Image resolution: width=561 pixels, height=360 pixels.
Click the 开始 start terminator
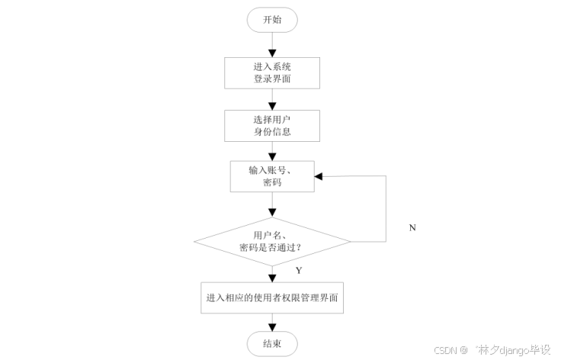272,20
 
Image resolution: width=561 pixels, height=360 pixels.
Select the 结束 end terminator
272,344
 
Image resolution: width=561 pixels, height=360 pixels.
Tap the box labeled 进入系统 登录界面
272,72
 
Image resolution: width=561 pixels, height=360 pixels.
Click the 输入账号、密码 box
272,176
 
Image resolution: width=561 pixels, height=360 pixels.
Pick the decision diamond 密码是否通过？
272,242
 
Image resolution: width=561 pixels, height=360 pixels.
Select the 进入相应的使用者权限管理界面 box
272,298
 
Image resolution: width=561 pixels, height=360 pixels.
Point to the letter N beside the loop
412,227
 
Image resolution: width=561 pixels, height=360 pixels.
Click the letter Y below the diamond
299,271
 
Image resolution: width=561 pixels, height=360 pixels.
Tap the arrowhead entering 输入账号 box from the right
319,176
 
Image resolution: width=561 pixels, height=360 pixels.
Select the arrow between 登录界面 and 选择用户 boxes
272,98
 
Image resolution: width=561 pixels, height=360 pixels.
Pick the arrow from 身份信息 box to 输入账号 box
272,150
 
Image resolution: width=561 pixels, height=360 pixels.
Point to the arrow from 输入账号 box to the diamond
272,204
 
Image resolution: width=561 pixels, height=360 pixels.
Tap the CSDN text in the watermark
444,350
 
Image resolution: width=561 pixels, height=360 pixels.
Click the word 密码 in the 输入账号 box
272,184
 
